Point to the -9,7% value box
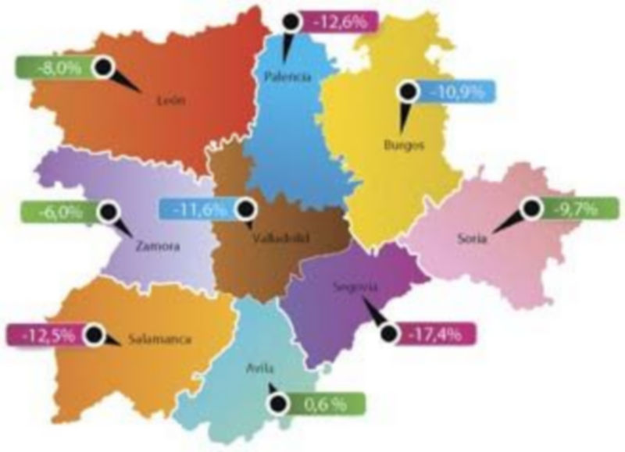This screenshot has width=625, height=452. [x=572, y=208]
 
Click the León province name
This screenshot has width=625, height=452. [x=170, y=99]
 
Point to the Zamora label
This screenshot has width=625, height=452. [x=157, y=246]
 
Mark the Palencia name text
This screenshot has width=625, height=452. [x=288, y=77]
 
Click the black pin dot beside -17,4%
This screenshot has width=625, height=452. [x=387, y=333]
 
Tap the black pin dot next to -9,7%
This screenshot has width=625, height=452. [x=532, y=208]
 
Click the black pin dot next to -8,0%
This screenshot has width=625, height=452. [x=102, y=66]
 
